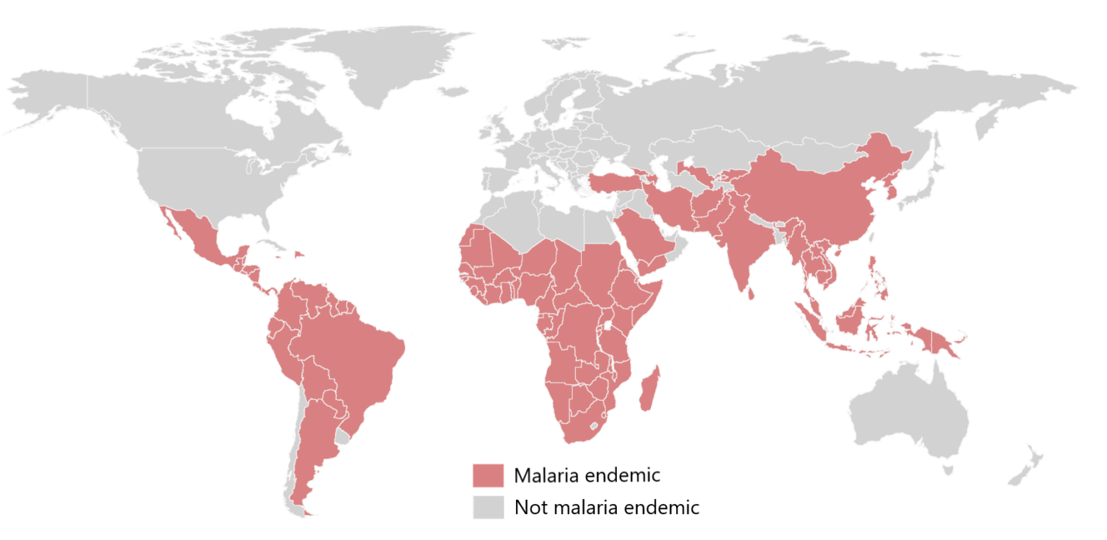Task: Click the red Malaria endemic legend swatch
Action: tap(488, 476)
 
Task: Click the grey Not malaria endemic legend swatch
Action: tap(488, 507)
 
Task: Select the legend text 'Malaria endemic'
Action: tap(587, 476)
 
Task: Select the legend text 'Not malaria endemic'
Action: tap(606, 507)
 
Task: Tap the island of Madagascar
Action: tap(649, 389)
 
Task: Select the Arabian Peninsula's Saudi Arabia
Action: tap(645, 238)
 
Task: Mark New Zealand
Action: tap(1023, 472)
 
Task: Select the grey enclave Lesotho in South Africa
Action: tap(594, 426)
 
